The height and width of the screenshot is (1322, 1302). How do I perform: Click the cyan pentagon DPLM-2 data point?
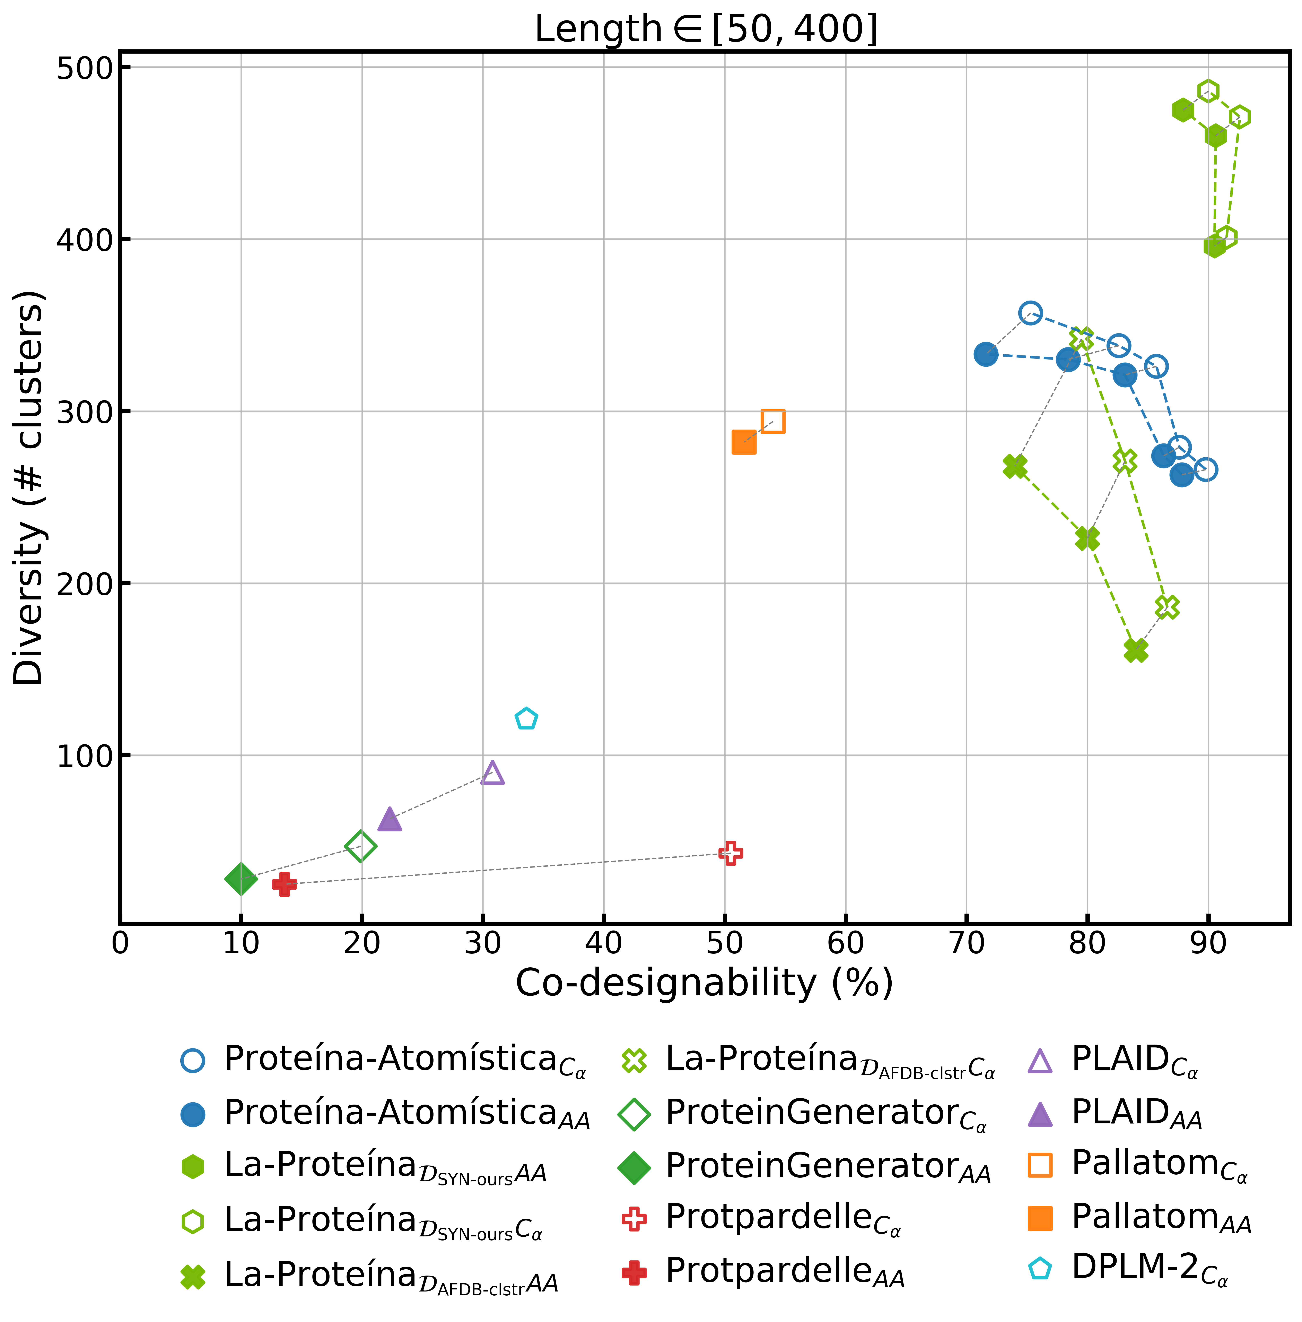[x=526, y=719]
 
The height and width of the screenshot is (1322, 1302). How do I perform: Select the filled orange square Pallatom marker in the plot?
[x=744, y=442]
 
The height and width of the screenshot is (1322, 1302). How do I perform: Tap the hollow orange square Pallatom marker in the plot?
[x=773, y=421]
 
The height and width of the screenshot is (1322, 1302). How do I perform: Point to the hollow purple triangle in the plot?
[x=492, y=774]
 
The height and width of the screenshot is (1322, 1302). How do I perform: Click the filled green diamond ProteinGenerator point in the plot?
[x=241, y=879]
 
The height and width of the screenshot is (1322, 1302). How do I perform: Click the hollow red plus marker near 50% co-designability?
[x=730, y=853]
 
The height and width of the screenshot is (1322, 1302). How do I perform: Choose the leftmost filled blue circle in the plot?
[x=985, y=354]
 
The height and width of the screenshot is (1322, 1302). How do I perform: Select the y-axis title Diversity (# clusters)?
[x=29, y=487]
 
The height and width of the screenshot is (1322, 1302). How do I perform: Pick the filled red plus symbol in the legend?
[x=634, y=1273]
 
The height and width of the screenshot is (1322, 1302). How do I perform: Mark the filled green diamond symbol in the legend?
[x=634, y=1167]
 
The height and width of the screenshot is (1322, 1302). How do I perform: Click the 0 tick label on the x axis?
[x=120, y=944]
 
